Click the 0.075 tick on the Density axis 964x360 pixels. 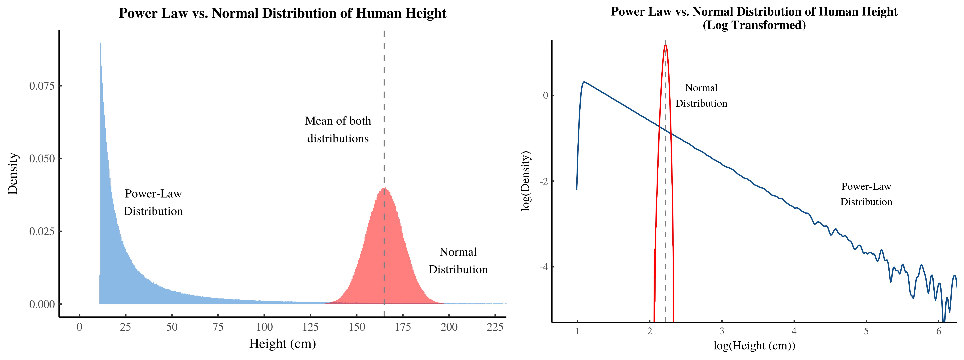42,86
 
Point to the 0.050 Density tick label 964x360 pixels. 42,159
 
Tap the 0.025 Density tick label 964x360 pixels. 42,231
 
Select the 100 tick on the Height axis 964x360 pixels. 264,327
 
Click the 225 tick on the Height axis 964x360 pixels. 495,327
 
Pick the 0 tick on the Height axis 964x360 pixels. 79,327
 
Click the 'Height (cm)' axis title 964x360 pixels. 282,343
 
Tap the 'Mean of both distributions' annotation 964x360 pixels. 338,129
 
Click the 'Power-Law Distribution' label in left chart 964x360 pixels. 153,202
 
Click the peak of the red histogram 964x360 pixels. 384,188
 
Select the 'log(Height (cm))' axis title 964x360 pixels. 754,345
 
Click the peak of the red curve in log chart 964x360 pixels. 665,45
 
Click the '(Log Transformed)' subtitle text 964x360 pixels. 754,25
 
